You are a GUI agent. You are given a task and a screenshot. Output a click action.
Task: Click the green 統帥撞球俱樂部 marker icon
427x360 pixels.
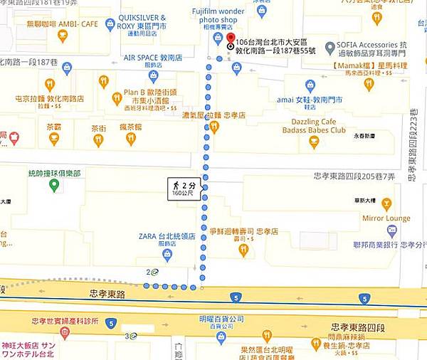(54, 186)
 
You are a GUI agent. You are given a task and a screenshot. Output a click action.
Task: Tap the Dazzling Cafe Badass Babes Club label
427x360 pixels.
(313, 126)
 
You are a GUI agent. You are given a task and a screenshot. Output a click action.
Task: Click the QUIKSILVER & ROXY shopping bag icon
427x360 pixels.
(110, 24)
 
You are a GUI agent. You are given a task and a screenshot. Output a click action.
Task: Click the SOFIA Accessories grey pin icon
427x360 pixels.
(330, 48)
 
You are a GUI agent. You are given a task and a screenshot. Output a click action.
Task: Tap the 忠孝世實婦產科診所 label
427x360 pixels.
(65, 322)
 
